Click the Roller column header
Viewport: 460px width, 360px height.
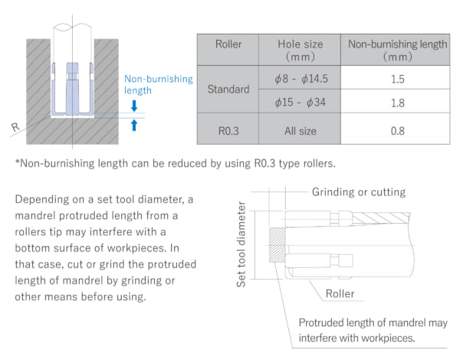point(228,44)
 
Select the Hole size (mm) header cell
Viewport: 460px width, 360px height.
point(300,50)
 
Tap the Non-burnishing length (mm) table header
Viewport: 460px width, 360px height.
point(397,50)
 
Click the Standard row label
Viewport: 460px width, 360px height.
point(228,89)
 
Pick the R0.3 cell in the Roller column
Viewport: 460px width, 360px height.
point(228,131)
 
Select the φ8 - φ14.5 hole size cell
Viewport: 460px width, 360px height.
point(301,79)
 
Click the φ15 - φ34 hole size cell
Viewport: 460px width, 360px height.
point(300,103)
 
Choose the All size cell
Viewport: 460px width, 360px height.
point(300,131)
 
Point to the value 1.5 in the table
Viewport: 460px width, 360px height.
point(397,79)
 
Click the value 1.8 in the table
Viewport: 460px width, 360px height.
point(397,103)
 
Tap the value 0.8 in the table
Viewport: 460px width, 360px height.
point(397,131)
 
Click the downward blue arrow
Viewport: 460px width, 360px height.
point(134,106)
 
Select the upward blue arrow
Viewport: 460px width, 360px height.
point(134,125)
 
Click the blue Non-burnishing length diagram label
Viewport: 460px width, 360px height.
point(159,84)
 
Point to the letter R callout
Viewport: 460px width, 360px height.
point(15,127)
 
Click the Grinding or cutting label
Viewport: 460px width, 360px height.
point(359,192)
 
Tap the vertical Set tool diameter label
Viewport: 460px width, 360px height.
point(241,244)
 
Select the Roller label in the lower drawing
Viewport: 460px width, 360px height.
point(340,293)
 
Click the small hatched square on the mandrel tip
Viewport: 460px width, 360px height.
point(278,245)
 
